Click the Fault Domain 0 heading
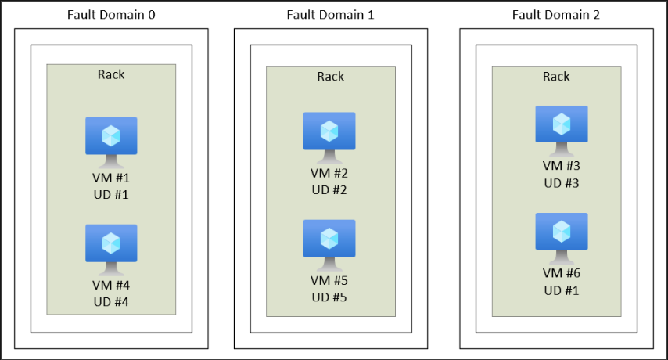[x=111, y=15]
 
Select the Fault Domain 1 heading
[x=331, y=15]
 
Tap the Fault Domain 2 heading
[x=556, y=15]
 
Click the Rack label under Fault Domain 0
[x=111, y=74]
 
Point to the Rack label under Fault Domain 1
[x=331, y=77]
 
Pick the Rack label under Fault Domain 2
[x=556, y=77]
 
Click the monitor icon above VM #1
[x=111, y=142]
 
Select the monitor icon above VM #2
[x=329, y=138]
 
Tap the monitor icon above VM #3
[x=562, y=131]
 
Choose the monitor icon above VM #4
[x=111, y=250]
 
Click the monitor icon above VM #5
[x=329, y=246]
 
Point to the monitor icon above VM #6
[x=562, y=239]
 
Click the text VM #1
[x=111, y=178]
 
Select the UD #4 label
[x=111, y=302]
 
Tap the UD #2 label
[x=329, y=190]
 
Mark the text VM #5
[x=329, y=281]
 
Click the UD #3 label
[x=562, y=183]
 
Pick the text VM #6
[x=562, y=273]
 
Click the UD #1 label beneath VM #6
[x=562, y=290]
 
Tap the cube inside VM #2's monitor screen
[x=329, y=131]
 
